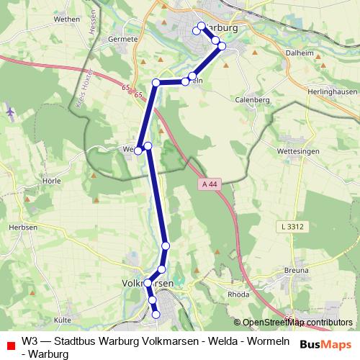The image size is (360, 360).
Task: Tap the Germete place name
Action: click(122, 39)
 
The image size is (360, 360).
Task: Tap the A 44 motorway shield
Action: click(209, 184)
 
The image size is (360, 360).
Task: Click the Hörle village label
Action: click(33, 181)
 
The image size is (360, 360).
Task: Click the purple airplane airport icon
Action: click(10, 112)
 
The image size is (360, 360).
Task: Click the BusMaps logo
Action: click(325, 345)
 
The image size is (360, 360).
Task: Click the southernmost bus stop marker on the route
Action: click(156, 314)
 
